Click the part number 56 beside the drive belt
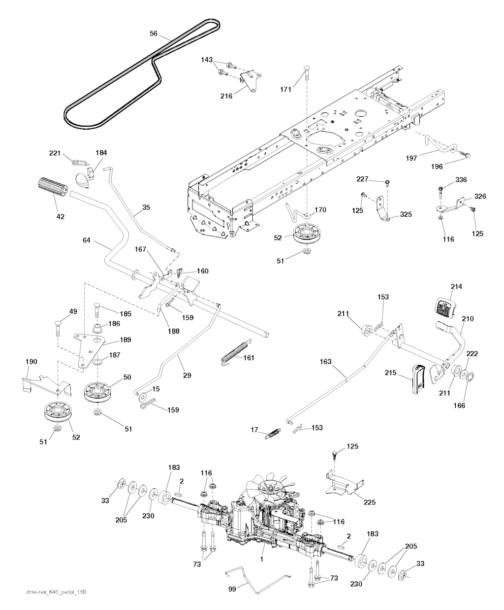click(154, 34)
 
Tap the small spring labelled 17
click(272, 434)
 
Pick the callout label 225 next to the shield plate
click(370, 503)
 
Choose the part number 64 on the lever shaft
click(87, 240)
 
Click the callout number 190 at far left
click(31, 362)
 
